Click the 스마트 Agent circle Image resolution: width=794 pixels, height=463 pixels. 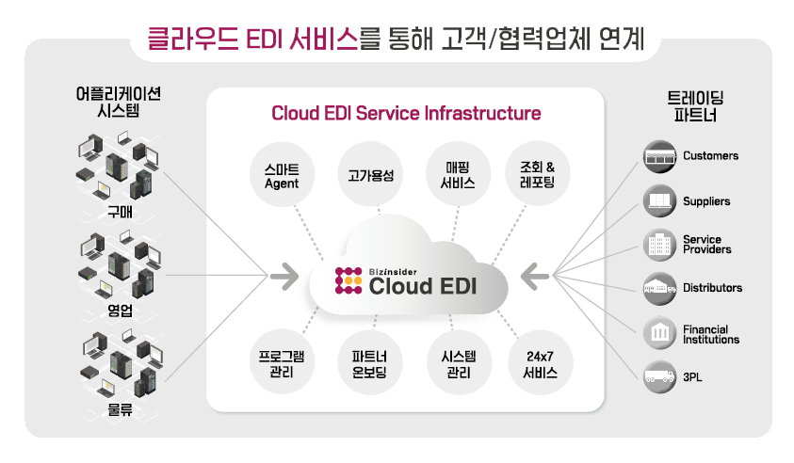[282, 176]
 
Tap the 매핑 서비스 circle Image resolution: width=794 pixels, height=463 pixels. [457, 176]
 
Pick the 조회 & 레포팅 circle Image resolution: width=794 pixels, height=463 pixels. [538, 176]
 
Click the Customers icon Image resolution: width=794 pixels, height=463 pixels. [660, 156]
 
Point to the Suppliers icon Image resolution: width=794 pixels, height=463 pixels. [660, 200]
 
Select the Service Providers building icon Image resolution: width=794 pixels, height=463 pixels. [660, 245]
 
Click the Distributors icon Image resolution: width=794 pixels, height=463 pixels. [660, 288]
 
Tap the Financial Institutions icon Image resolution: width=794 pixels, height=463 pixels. [660, 333]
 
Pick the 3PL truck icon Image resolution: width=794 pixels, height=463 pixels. [660, 377]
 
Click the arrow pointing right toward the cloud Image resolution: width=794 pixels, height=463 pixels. [284, 277]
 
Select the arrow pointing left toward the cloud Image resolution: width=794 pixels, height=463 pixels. [535, 277]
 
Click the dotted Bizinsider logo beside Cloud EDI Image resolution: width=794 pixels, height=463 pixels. [349, 281]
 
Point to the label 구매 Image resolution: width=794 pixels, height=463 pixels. [119, 210]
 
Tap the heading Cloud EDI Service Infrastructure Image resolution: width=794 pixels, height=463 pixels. [406, 114]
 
